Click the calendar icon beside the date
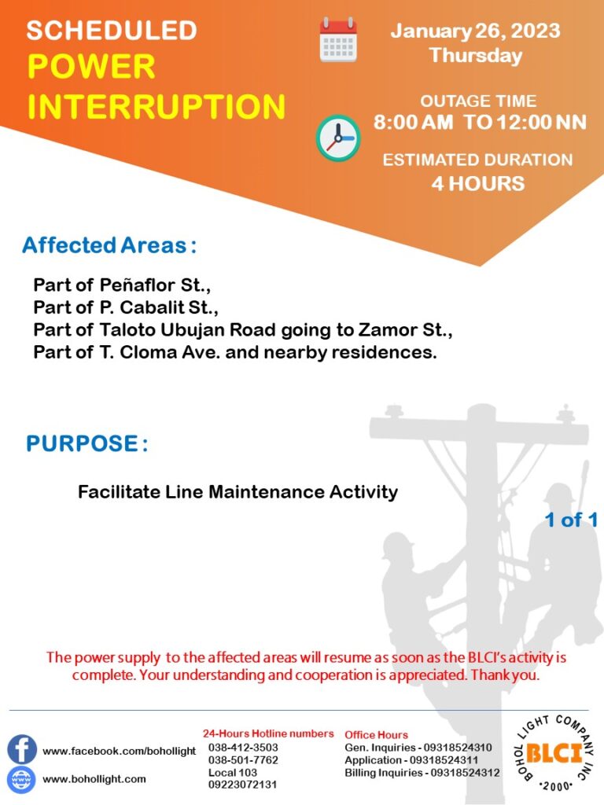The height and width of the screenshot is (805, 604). (x=338, y=39)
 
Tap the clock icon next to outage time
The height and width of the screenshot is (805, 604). (x=338, y=138)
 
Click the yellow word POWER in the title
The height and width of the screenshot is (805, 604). (x=91, y=67)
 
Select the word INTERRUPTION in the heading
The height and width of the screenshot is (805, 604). (x=157, y=106)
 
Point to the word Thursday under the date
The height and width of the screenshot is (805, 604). (x=476, y=56)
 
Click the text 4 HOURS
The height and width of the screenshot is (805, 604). (x=477, y=183)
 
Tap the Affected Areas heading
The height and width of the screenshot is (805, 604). (x=109, y=245)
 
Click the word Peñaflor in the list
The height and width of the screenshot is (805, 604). (x=137, y=285)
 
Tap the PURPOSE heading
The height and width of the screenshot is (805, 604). (x=87, y=443)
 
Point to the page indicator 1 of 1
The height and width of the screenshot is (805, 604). (x=571, y=520)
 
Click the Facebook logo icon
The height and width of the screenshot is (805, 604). (x=21, y=749)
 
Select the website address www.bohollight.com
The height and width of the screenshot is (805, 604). (x=94, y=779)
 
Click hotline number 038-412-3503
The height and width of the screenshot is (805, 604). (x=243, y=748)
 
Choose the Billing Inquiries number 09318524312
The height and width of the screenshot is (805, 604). (x=465, y=772)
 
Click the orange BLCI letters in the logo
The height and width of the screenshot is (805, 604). (x=554, y=754)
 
